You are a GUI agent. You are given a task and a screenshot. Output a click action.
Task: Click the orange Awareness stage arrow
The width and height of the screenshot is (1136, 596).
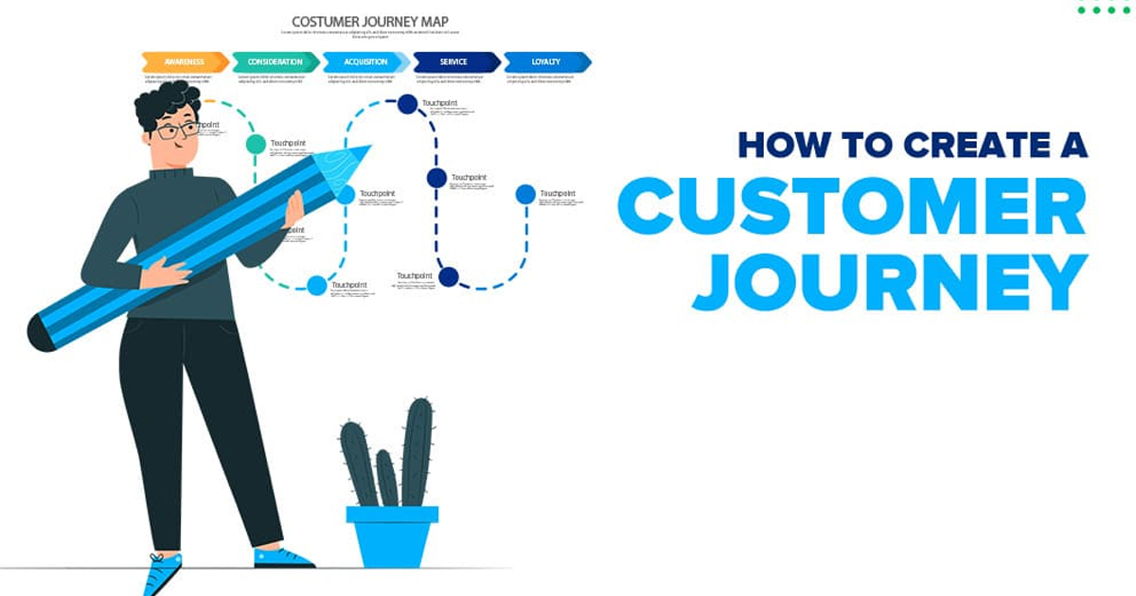[x=185, y=62]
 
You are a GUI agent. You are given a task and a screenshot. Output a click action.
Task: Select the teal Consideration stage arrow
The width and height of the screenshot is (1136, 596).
[x=275, y=62]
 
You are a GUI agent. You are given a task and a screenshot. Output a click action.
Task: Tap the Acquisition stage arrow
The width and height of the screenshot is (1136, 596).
[x=365, y=62]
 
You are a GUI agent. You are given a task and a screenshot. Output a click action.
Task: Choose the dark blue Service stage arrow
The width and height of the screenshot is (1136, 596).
[x=455, y=62]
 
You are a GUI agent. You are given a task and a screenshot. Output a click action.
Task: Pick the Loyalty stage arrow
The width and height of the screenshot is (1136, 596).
[x=546, y=62]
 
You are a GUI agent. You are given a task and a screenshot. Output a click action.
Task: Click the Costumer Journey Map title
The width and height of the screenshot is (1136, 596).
[x=370, y=22]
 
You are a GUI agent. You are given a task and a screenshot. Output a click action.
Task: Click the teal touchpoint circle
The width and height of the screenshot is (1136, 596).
[x=256, y=144]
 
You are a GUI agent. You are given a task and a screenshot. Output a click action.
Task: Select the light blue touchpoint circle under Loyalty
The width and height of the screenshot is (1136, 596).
[x=525, y=194]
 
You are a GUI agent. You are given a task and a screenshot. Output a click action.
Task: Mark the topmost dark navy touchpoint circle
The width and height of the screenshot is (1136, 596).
[x=407, y=104]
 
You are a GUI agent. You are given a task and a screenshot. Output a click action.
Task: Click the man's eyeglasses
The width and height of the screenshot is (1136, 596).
[x=177, y=130]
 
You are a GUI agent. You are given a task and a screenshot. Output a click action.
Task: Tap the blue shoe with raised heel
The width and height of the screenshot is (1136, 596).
[x=162, y=573]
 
